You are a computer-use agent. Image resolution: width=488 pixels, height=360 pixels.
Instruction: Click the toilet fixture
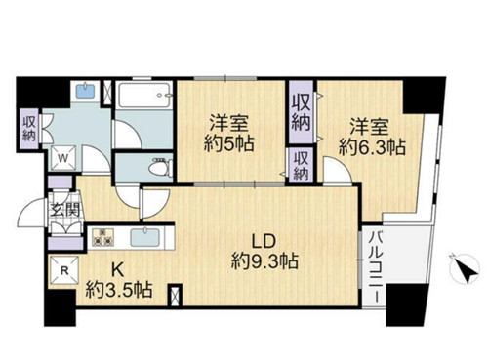161,167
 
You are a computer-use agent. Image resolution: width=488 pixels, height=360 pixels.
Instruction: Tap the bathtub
144,96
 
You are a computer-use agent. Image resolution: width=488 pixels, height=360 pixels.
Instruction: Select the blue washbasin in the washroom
85,91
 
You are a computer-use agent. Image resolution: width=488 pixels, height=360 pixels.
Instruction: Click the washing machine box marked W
63,158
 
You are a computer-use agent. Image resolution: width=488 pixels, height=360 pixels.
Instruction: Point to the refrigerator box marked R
64,270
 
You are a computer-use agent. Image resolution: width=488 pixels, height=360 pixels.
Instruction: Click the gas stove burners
102,237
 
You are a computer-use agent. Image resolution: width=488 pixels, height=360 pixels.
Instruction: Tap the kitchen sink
145,238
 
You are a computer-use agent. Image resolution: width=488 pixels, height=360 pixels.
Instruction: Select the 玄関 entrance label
65,211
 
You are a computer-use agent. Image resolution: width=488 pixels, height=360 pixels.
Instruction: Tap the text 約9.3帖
264,260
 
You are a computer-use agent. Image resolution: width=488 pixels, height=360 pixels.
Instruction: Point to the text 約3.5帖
119,290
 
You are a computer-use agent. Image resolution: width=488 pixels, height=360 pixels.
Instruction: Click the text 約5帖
229,143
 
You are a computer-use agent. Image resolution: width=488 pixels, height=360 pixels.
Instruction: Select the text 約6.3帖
372,147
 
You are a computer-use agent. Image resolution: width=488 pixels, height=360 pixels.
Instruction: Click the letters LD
264,241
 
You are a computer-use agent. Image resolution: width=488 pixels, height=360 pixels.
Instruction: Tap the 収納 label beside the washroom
29,129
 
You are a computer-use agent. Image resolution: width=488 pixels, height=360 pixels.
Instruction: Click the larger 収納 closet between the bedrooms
301,112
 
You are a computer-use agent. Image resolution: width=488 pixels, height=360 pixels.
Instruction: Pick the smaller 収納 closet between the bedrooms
301,166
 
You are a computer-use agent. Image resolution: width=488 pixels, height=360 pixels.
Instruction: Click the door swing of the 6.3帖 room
338,170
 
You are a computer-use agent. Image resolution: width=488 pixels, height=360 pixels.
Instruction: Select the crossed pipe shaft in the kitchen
176,295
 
